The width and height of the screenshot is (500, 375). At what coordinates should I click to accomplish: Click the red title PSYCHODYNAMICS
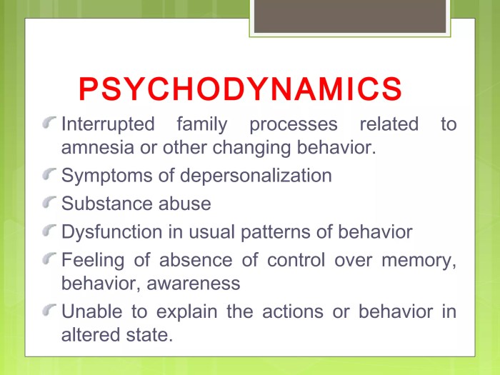239,89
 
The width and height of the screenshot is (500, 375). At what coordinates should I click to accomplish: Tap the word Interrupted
108,124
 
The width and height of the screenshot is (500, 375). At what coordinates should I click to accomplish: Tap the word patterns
276,231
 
